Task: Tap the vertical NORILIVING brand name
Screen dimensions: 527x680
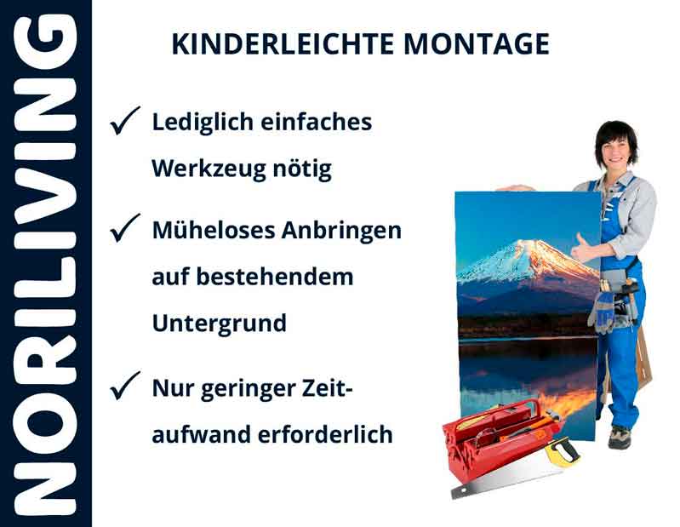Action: click(45, 263)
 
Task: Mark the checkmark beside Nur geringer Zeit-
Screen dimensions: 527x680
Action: click(125, 388)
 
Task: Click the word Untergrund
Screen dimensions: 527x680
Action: click(219, 324)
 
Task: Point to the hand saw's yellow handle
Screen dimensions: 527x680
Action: click(561, 450)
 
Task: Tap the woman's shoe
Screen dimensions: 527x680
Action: click(619, 436)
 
